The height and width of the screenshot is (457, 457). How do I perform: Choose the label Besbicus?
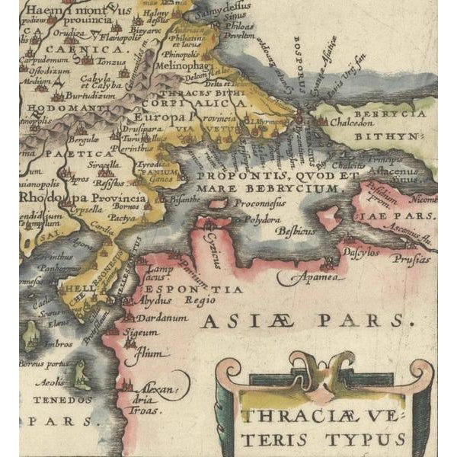click(x=294, y=228)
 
